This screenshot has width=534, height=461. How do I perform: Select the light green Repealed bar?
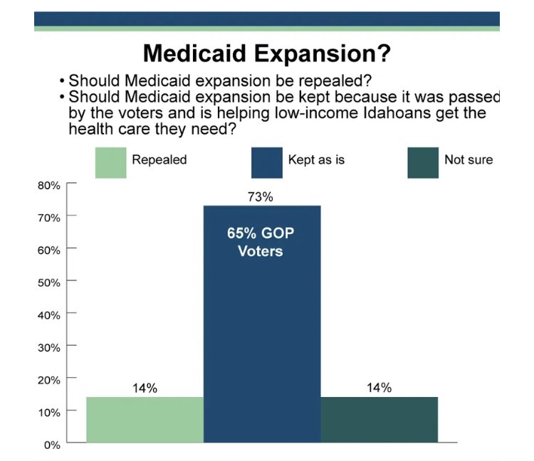coord(145,420)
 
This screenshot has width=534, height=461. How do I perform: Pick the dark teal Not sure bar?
coord(379,420)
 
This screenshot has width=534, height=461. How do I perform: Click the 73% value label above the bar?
coord(261,197)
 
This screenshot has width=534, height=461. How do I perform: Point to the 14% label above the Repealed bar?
coord(145,388)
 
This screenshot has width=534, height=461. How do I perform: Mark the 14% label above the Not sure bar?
coord(379,388)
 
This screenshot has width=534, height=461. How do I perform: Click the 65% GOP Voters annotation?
coord(260,242)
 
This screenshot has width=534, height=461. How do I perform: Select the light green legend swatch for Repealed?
coord(110,162)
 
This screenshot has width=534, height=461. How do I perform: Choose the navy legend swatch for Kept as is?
coord(266,162)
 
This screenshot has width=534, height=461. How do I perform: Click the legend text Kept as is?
coord(316,159)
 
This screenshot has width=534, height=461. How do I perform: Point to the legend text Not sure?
coord(468,159)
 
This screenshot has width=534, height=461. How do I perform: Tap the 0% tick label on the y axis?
coord(51,445)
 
